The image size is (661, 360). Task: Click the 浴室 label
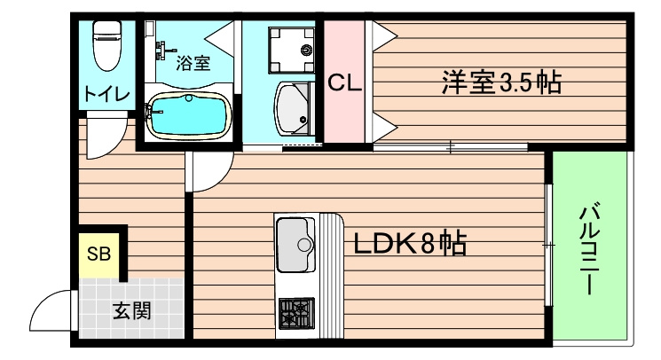[193, 63]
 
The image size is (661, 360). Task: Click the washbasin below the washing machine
[294, 109]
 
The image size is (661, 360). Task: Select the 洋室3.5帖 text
[501, 83]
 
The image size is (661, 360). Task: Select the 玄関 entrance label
[130, 311]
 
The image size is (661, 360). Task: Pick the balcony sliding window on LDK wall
[549, 244]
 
